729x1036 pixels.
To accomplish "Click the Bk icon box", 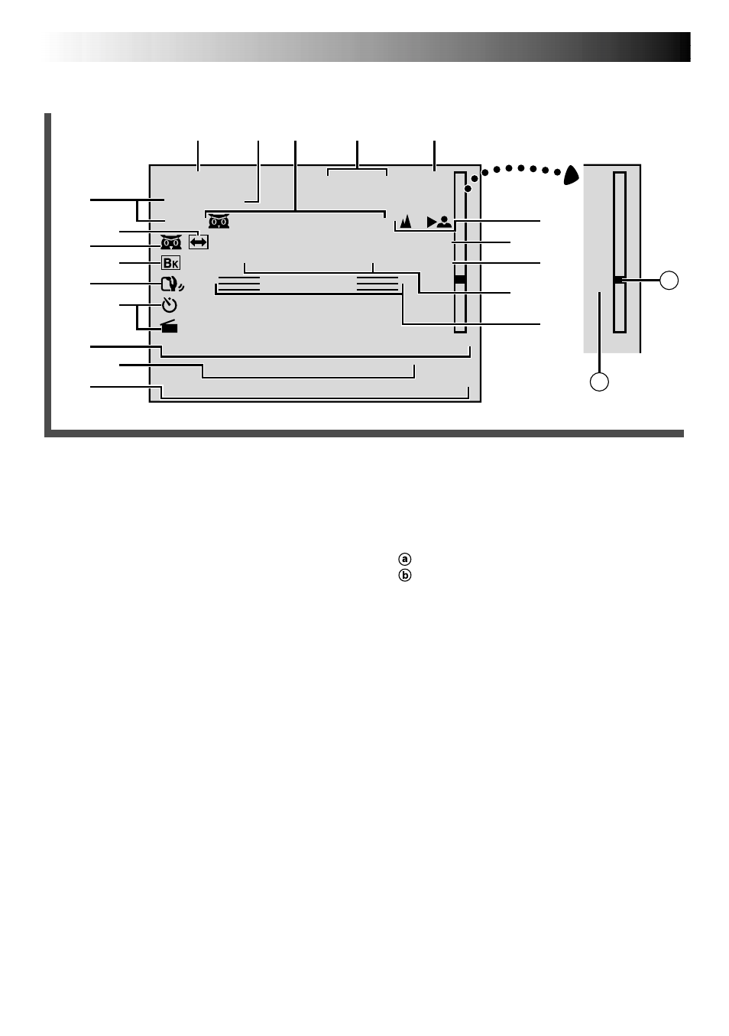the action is [x=170, y=263].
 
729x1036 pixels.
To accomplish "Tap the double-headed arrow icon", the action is [x=199, y=242].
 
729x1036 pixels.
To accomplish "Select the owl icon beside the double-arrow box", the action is [x=171, y=242].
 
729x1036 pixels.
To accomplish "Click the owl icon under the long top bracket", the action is [x=219, y=221].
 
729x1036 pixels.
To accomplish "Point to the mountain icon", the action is [x=406, y=221].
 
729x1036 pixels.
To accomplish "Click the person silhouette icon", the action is [x=444, y=222].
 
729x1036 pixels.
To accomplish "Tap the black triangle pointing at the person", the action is [x=431, y=222].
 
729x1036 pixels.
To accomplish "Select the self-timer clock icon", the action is [x=170, y=305].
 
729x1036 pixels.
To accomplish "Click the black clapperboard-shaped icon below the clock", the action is [x=170, y=326].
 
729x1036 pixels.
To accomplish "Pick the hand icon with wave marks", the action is [x=173, y=284].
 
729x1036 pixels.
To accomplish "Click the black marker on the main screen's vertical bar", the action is [x=460, y=280].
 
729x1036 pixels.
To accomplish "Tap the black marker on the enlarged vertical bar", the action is [x=620, y=280].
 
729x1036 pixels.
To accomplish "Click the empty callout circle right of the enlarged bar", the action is [x=669, y=281].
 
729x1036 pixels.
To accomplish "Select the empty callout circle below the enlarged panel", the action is [x=599, y=382].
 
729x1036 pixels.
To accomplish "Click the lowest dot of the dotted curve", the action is [x=468, y=189].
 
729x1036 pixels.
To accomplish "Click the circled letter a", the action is [x=404, y=559].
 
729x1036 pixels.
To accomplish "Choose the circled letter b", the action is [x=404, y=576].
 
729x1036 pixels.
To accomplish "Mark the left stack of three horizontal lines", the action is [x=239, y=284].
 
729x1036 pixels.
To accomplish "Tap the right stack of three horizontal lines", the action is [x=377, y=284].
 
